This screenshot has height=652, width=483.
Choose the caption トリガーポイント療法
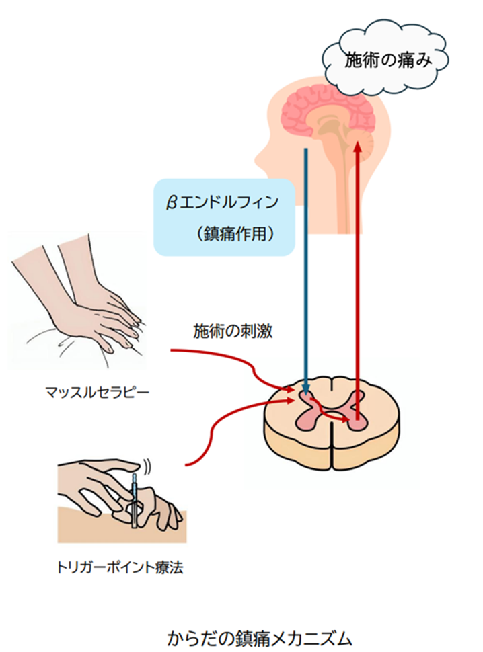click(120, 568)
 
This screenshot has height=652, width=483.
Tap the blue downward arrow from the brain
click(306, 269)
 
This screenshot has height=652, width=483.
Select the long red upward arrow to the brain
click(357, 269)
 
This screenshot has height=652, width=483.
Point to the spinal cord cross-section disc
click(332, 430)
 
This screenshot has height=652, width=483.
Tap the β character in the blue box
click(172, 200)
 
